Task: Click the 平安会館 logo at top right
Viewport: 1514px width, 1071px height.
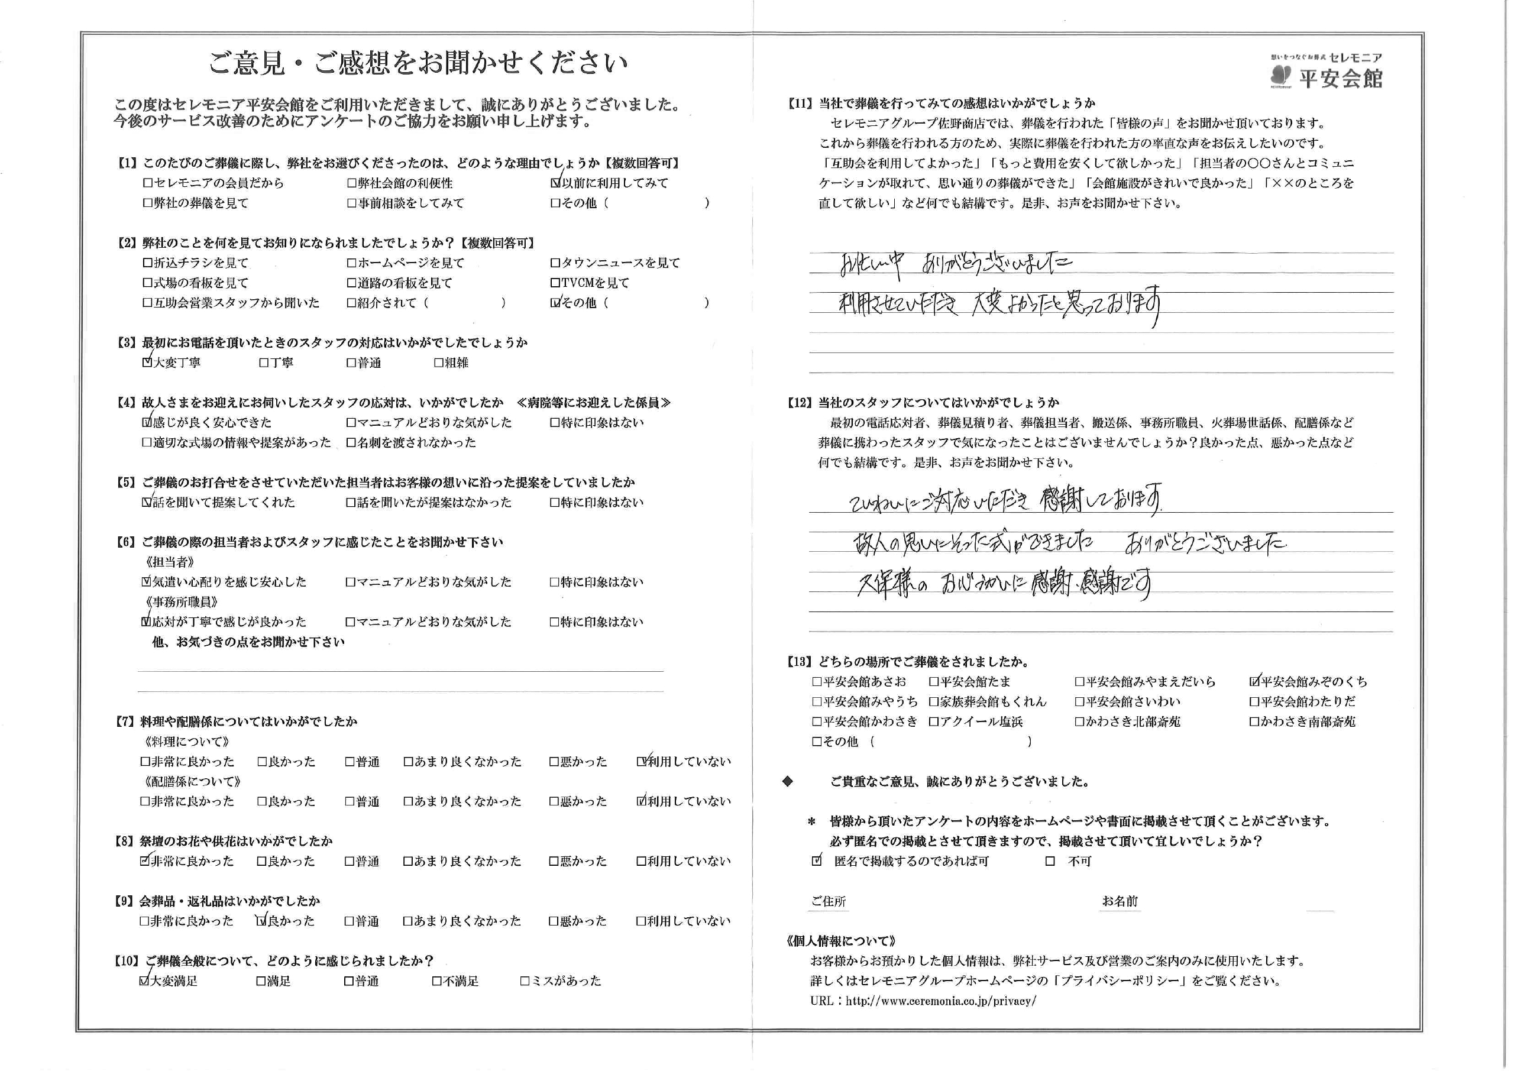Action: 1327,72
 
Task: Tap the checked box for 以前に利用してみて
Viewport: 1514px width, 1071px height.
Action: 555,183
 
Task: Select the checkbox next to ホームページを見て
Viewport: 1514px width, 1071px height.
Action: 351,263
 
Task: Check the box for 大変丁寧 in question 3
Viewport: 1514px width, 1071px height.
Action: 147,363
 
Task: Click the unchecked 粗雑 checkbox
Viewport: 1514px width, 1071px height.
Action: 438,363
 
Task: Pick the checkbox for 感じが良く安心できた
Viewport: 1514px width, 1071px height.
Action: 147,423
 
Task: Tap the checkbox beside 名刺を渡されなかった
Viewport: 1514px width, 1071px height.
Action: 351,442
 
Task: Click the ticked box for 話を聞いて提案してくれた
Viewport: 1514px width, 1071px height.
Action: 147,503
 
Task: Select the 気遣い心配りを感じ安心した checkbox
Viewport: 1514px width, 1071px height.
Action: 147,583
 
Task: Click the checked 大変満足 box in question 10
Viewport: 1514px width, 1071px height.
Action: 144,981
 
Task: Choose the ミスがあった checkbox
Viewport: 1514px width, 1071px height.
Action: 525,981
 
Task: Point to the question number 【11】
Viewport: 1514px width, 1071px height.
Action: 799,103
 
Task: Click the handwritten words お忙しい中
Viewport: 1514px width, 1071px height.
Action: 872,264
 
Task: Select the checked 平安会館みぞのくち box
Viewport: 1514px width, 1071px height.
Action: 1254,682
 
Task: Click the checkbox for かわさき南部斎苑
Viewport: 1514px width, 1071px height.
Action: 1254,722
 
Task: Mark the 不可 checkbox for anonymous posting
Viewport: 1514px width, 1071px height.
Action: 1050,861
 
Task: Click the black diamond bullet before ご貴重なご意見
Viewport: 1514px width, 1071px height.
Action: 787,781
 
